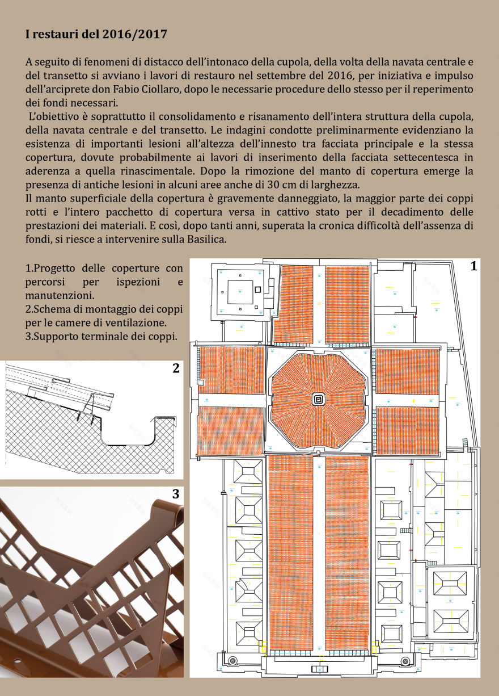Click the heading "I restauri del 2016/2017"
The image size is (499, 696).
pyautogui.click(x=96, y=34)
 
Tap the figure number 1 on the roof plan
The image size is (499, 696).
pyautogui.click(x=473, y=266)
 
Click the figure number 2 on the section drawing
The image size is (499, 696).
pyautogui.click(x=176, y=368)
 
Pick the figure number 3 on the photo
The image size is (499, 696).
pyautogui.click(x=176, y=494)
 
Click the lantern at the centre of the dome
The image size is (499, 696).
pyautogui.click(x=318, y=400)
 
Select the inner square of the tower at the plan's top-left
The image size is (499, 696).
pyautogui.click(x=240, y=292)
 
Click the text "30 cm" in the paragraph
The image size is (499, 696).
pyautogui.click(x=281, y=185)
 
